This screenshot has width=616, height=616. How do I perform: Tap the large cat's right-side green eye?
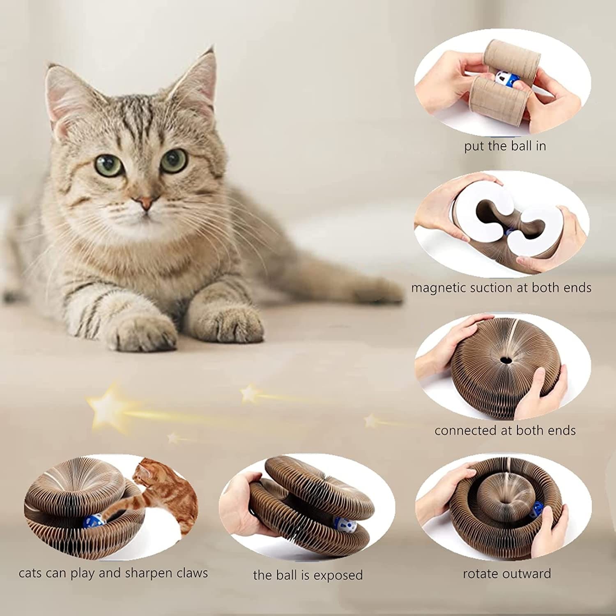(174, 160)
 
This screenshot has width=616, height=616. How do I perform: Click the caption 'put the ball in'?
(505, 146)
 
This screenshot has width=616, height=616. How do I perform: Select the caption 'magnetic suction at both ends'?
(501, 287)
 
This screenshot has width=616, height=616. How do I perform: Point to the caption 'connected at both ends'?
(505, 430)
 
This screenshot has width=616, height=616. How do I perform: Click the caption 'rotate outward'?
(507, 574)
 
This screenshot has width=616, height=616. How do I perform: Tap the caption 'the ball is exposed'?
(308, 575)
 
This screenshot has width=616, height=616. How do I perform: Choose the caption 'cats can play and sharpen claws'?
(113, 573)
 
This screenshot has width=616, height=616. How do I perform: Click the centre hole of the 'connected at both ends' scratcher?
(504, 360)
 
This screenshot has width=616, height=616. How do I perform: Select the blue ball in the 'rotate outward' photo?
(539, 510)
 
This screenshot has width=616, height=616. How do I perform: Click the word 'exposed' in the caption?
(338, 575)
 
